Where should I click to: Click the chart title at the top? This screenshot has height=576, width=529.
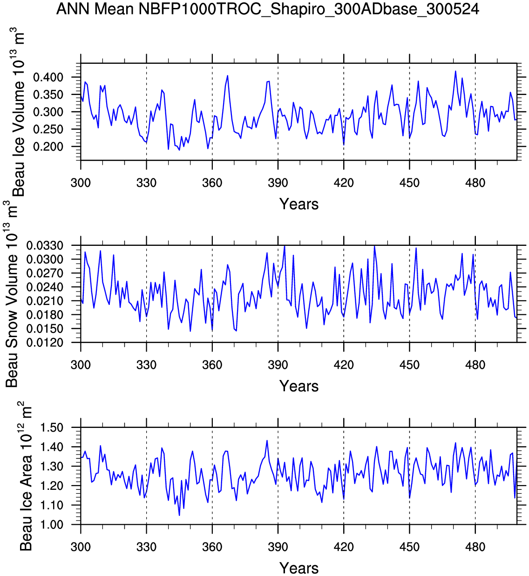tap(267, 9)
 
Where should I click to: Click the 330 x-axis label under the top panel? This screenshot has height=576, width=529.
tap(146, 183)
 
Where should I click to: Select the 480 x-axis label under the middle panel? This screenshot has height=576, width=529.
tap(475, 365)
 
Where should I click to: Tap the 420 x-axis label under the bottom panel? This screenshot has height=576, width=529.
tap(344, 547)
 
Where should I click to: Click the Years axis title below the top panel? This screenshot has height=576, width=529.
tap(299, 204)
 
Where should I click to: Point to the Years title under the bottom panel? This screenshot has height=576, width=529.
tap(299, 568)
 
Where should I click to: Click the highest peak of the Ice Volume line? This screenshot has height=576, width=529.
tap(455, 71)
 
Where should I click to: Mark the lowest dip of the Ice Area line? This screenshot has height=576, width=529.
tap(179, 515)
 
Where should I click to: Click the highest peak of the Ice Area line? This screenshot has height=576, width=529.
tap(267, 440)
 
